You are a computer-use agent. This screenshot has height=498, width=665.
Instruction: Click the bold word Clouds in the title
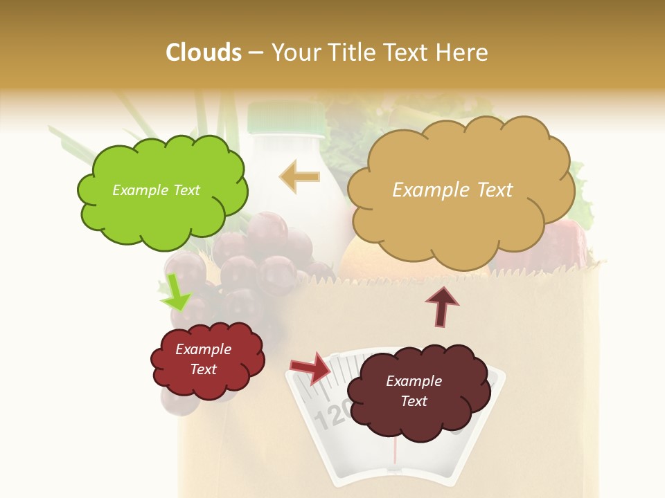[x=204, y=53]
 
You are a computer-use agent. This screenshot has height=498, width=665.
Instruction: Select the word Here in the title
[x=463, y=53]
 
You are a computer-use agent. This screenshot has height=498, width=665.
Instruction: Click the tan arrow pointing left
[x=299, y=177]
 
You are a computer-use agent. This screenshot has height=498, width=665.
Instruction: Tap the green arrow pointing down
[x=175, y=293]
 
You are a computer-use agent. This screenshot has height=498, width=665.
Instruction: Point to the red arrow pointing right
[x=311, y=368]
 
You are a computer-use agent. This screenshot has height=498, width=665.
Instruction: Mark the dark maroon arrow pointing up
[x=442, y=305]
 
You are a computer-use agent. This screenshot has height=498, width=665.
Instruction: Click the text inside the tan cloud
[x=452, y=190]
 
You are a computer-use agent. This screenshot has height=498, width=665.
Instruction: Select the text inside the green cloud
[x=156, y=190]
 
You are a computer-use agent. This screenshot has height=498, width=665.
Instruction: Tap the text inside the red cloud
[x=204, y=359]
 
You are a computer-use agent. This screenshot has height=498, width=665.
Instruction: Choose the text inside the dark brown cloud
[x=414, y=391]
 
